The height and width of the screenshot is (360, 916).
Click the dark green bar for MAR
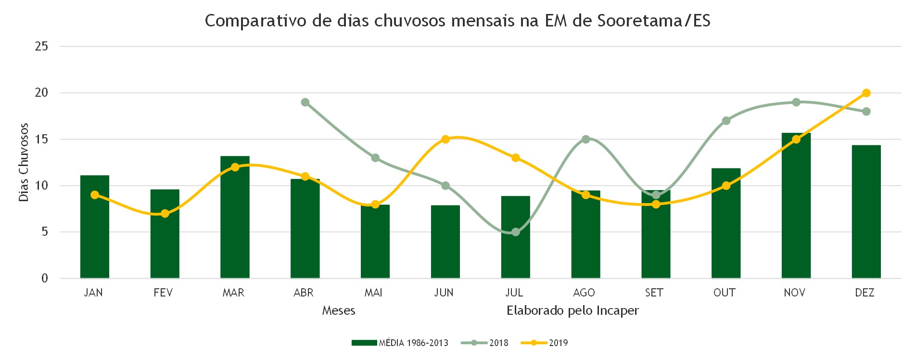[x=235, y=217]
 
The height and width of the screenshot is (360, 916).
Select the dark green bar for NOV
[x=796, y=206]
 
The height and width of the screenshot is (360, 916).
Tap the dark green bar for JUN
[x=445, y=242]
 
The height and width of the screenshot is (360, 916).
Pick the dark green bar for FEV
[x=165, y=234]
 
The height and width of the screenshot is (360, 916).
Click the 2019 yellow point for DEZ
[x=866, y=93]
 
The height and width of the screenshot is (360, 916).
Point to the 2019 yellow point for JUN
[x=445, y=139]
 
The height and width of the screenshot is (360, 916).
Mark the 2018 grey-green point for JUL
[x=516, y=232]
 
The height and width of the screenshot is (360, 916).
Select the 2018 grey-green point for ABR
[x=305, y=102]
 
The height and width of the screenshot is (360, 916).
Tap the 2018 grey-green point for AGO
[x=585, y=139]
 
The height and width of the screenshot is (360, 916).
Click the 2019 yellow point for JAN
[x=95, y=195]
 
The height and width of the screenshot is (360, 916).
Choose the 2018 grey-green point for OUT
[x=726, y=121]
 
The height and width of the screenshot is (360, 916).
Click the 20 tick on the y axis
[x=42, y=92]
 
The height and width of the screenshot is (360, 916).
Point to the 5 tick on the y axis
[x=45, y=231]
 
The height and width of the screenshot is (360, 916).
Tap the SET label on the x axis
[x=654, y=293]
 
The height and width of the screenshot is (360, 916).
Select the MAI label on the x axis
[x=373, y=293]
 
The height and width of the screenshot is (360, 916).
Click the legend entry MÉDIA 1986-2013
[x=400, y=343]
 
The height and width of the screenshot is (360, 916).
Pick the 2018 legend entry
[x=484, y=343]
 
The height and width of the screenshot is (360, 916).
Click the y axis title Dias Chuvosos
[x=24, y=162]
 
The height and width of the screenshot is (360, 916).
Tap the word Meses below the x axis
[x=339, y=310]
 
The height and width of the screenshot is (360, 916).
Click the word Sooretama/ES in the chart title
[x=654, y=21]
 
